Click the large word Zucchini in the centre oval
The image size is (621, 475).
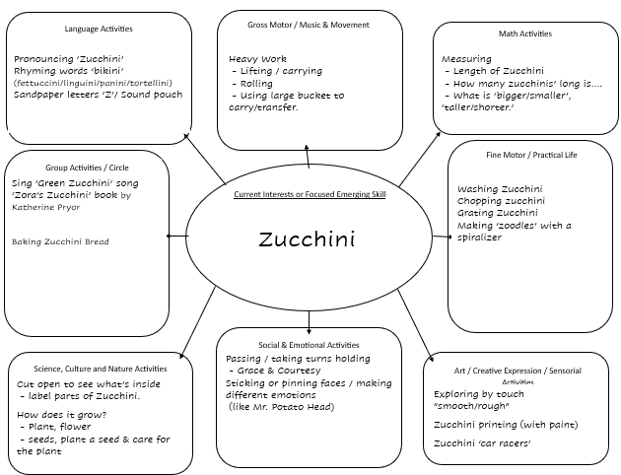pos(307,239)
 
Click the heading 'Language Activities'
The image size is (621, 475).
pos(99,29)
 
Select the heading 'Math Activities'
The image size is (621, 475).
pos(525,34)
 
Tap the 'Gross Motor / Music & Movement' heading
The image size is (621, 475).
pos(309,25)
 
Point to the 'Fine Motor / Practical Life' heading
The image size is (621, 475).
pos(531,155)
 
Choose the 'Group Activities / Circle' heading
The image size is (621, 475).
pos(87,168)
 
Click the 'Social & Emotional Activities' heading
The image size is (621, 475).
pos(309,345)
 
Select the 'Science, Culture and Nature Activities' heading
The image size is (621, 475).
pos(101,369)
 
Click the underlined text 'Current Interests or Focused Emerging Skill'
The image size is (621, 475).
pos(310,194)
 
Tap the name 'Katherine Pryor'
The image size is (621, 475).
pos(46,207)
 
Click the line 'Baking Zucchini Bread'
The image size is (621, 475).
pos(60,241)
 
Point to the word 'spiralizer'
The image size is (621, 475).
pos(479,237)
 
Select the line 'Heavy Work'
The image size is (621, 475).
pos(257,59)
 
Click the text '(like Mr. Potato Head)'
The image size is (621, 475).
pos(281,407)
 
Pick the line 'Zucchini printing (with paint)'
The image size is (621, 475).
pos(506,425)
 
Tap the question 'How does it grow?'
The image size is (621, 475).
pos(62,415)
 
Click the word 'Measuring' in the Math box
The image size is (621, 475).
pos(466,59)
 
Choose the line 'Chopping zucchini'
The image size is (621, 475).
pos(501,201)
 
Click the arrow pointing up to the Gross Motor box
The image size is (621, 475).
pos(308,157)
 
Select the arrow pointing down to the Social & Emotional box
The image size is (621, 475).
pos(309,322)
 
